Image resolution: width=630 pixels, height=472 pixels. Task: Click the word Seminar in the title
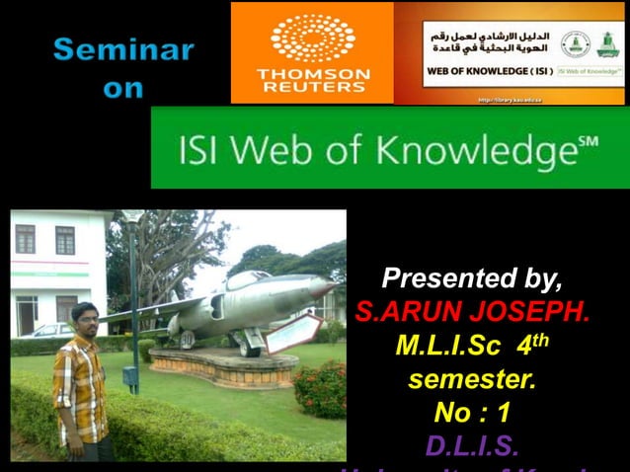click(x=123, y=49)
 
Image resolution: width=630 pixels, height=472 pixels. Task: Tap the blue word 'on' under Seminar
click(x=123, y=89)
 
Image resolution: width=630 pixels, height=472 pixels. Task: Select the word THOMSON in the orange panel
click(x=313, y=74)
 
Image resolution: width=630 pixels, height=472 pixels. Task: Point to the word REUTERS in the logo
click(x=313, y=88)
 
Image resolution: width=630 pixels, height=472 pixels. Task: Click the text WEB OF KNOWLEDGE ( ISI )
click(x=489, y=71)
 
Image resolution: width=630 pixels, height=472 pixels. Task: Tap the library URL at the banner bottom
click(x=510, y=100)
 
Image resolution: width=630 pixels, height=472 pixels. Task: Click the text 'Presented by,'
click(x=472, y=276)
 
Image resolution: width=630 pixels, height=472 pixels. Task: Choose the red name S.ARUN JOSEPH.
click(x=472, y=313)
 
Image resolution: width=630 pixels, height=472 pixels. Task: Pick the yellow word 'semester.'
click(x=472, y=379)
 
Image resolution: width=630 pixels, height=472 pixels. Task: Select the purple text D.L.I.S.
click(x=472, y=446)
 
